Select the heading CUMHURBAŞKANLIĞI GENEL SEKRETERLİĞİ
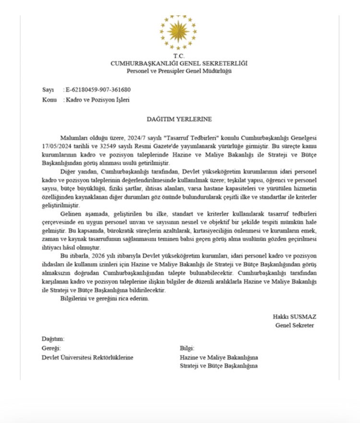click(x=179, y=63)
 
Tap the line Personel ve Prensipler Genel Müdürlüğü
click(x=179, y=71)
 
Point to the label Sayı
click(x=48, y=90)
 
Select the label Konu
click(x=49, y=100)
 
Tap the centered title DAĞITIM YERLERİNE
click(x=179, y=118)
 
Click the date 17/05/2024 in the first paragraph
click(x=57, y=145)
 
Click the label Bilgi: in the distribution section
click(x=187, y=349)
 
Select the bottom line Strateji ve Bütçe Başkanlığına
click(x=219, y=366)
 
